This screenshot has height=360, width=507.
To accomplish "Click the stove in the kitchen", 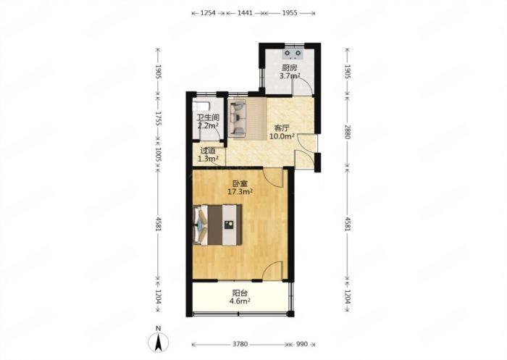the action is coord(293,54).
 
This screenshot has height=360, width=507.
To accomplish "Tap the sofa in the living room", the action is coord(238,118).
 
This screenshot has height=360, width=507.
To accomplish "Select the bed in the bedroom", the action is coord(217,225).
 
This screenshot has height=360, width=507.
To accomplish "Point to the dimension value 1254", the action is coord(209,13).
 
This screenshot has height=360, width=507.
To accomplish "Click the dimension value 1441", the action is coord(245,13).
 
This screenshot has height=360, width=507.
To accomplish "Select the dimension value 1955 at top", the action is coord(290,13).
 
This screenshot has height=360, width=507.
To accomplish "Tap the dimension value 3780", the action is coord(240,344).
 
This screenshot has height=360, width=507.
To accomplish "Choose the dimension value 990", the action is coord(301,344).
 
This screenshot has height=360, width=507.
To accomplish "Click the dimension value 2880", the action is coord(348,132).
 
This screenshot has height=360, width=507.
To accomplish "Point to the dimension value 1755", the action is coord(158,119).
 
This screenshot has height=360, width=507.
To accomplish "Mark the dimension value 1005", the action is coord(158,155).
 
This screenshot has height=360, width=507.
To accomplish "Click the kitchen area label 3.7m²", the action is coord(290,76).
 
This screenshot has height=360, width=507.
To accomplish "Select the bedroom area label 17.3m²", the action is coord(240,192).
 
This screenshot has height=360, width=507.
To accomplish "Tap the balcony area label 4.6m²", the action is coord(240,301).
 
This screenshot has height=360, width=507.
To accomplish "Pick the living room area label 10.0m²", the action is coord(282,136).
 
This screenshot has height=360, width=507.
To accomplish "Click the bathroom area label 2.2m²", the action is coord(209,126).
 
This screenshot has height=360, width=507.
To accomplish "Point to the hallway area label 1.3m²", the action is coord(208,159).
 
